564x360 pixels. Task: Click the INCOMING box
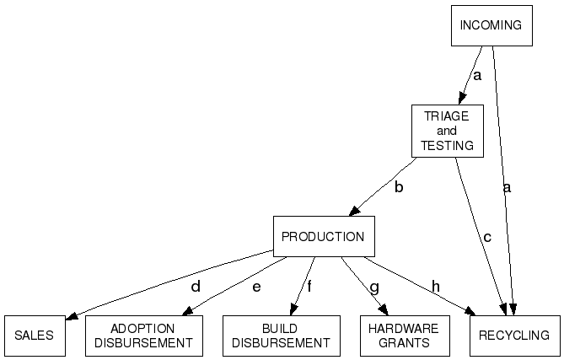coord(491,25)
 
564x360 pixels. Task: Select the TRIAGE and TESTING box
coord(447,131)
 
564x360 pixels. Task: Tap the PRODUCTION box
coord(323,237)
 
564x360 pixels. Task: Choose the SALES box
coord(34,336)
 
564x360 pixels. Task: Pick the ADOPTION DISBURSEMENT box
coord(143,336)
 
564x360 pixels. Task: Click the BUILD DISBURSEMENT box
coord(281,336)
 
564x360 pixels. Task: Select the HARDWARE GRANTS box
coord(404,336)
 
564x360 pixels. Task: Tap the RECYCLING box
coord(514,336)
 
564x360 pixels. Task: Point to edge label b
coord(399,187)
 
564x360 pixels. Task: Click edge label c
coord(486,238)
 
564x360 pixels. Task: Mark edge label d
coord(196,287)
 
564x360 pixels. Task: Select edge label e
coord(256,287)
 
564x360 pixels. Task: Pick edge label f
coord(309,287)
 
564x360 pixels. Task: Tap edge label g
coord(374,287)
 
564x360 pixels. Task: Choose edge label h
coord(436,287)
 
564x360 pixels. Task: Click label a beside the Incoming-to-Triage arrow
coord(476,76)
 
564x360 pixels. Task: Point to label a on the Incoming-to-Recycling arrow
coord(507,187)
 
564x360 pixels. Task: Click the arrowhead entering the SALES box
coord(72,316)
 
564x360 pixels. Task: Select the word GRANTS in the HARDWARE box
coord(404,343)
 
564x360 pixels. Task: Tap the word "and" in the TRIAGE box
coord(447,131)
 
